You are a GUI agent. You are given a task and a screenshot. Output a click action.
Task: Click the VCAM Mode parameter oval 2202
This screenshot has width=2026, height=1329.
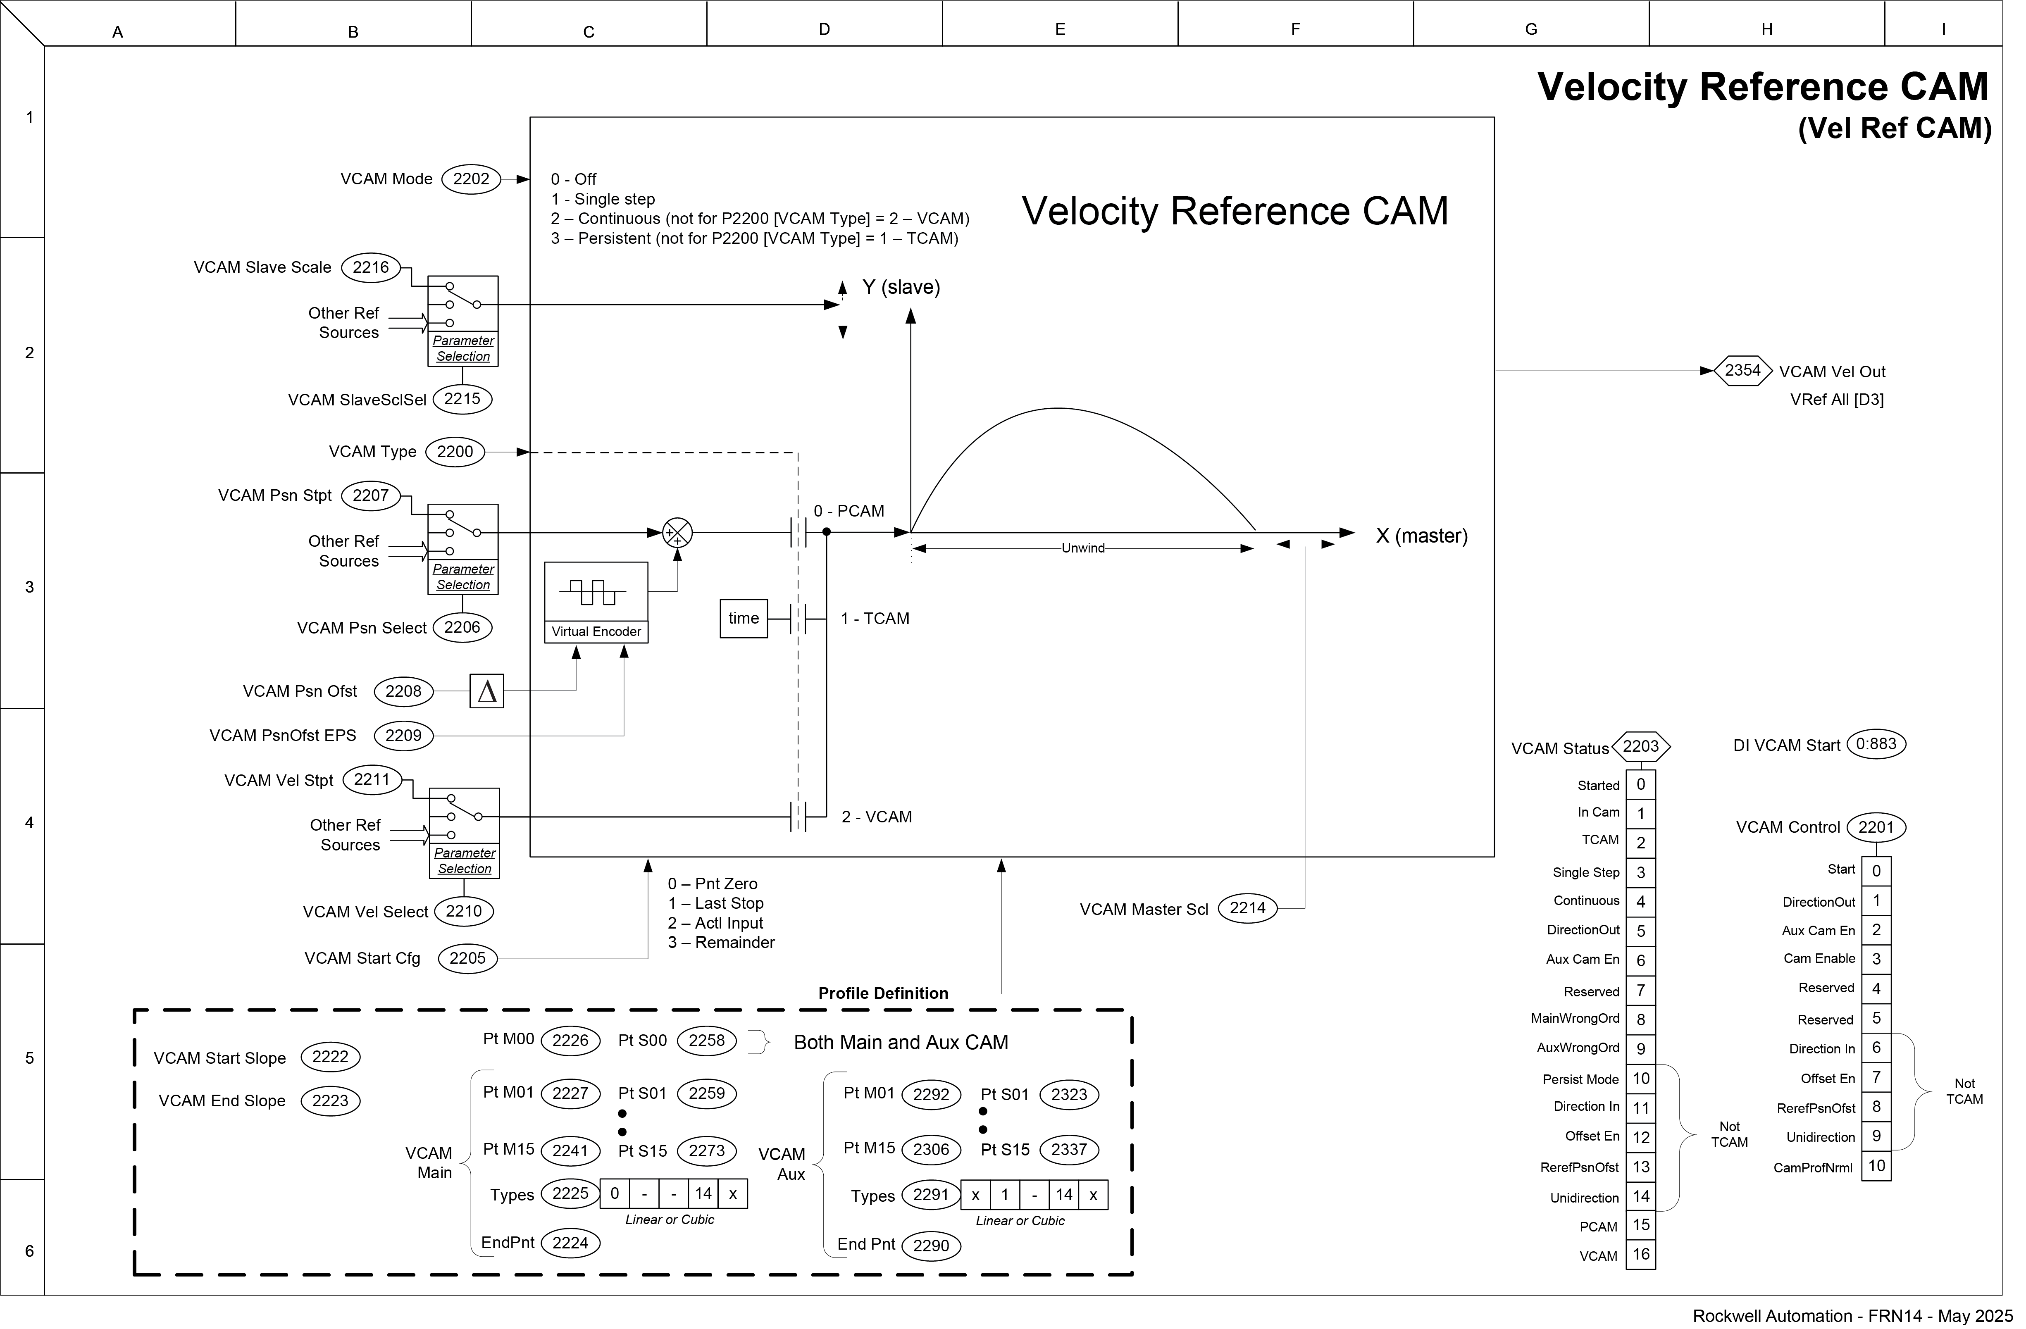click(x=471, y=179)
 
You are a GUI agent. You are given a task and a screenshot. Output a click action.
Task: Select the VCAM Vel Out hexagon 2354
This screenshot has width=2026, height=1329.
click(x=1742, y=370)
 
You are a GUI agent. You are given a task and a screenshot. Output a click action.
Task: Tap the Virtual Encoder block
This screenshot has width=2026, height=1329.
click(x=596, y=602)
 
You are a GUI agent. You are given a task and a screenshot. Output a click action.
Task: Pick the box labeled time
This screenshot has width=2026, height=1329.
click(x=743, y=619)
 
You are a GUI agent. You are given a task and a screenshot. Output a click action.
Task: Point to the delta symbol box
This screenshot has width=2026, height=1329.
click(x=487, y=691)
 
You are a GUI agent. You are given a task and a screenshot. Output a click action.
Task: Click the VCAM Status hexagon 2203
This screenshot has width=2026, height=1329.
click(x=1640, y=747)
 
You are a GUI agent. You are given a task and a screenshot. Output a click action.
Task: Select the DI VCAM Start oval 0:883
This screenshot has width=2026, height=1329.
click(x=1876, y=744)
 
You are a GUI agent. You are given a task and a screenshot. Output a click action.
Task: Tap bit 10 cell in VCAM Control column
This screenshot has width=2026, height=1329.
click(x=1876, y=1165)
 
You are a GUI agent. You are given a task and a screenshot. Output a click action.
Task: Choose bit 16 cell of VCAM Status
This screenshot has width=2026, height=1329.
click(x=1640, y=1254)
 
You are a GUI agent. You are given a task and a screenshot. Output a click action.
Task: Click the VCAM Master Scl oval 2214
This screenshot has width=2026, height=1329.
click(x=1247, y=908)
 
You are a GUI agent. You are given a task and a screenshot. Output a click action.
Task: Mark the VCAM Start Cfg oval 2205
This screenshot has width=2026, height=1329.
click(x=467, y=959)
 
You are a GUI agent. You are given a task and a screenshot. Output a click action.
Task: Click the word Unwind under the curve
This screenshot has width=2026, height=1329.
click(x=1083, y=548)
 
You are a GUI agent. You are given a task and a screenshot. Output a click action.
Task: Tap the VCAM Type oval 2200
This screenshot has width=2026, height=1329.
click(x=455, y=452)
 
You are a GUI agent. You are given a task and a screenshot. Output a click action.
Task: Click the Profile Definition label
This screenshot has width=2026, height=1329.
click(x=883, y=993)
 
